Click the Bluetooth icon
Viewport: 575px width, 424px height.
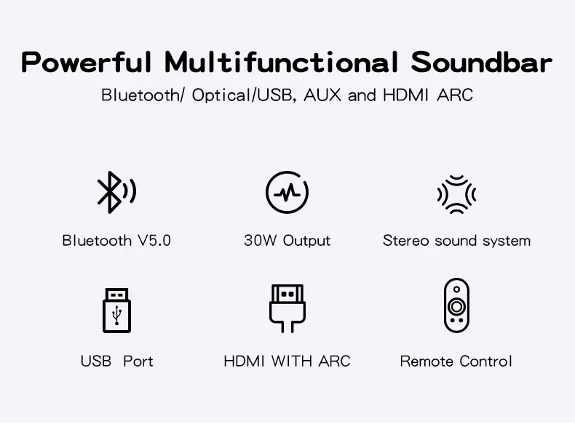115,193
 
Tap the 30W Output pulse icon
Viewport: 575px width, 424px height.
287,193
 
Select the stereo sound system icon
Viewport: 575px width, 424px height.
456,193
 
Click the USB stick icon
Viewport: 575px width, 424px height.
116,311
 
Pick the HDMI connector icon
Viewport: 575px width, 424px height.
287,308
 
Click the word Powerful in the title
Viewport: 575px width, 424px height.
87,63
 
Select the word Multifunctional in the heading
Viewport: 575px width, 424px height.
281,63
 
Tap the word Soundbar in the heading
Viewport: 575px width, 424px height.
481,63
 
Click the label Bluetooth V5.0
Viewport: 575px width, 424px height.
116,241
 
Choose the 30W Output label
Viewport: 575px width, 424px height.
287,241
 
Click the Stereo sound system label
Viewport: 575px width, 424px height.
456,241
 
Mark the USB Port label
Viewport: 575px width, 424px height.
116,361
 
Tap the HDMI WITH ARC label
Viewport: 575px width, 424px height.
287,361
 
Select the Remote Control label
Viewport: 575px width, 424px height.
456,361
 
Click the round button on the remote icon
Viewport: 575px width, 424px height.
456,305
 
